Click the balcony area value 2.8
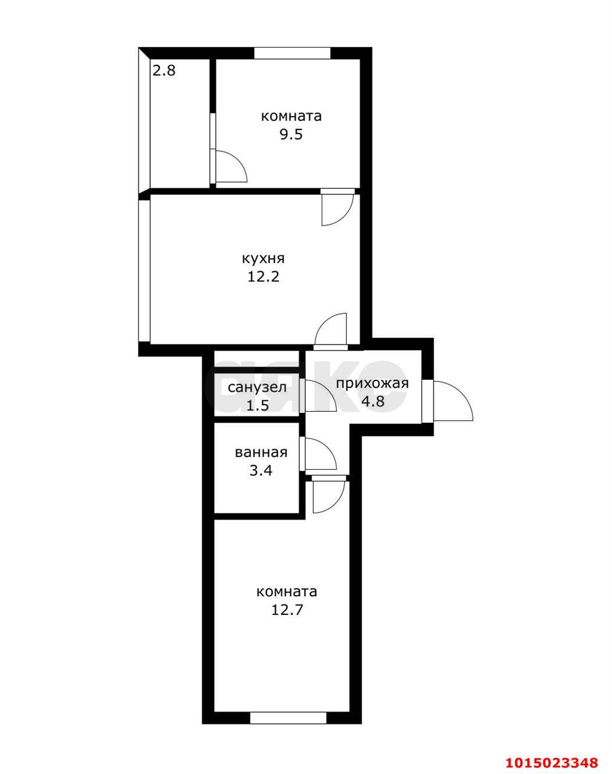tap(164, 71)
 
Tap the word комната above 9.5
tap(291, 117)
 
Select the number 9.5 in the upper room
tap(291, 134)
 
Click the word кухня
tap(263, 259)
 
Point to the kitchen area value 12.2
tap(263, 276)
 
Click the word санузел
tap(257, 388)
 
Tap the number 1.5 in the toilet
tap(258, 405)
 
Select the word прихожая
tap(373, 384)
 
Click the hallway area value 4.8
tap(373, 401)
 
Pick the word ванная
tap(261, 452)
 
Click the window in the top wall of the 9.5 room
tap(292, 53)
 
